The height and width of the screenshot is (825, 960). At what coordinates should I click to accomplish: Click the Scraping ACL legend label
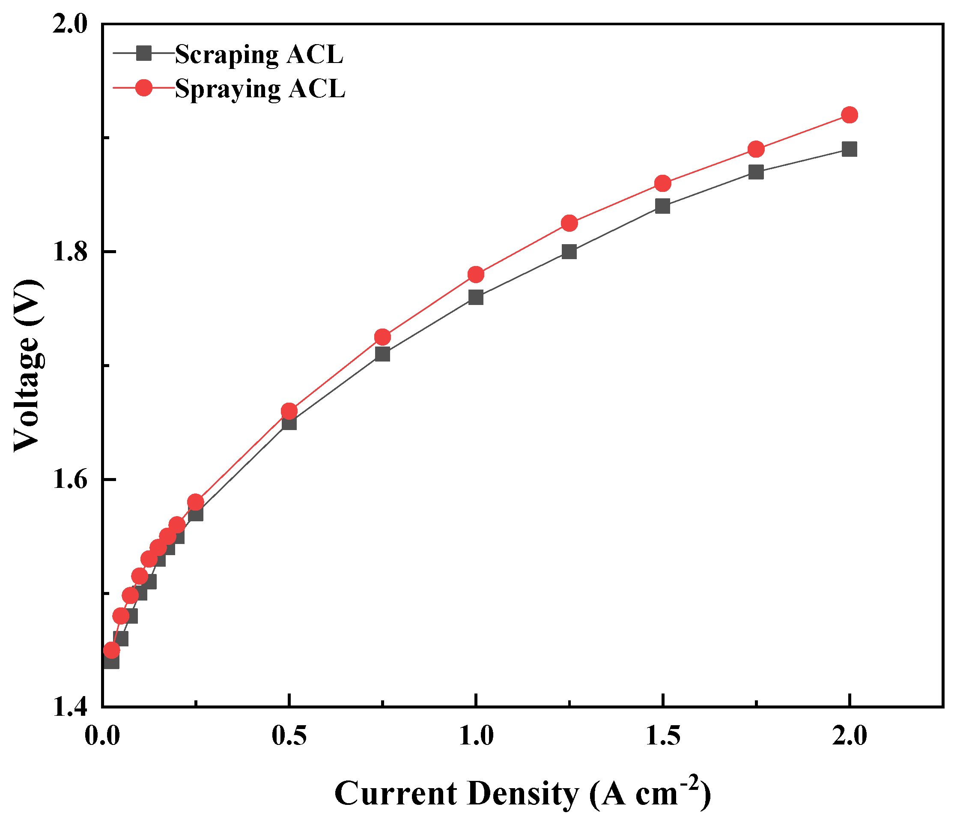259,55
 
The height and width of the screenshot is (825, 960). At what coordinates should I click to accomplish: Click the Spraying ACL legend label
260,89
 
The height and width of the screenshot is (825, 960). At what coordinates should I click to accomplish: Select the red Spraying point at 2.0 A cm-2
849,115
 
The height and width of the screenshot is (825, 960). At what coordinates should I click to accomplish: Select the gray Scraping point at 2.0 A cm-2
849,149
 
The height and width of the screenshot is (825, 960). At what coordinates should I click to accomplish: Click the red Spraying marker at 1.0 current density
476,275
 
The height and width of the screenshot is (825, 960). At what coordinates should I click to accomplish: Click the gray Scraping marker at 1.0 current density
476,297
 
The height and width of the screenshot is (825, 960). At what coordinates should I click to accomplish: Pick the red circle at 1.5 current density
663,183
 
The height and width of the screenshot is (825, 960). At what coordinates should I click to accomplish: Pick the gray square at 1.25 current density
569,252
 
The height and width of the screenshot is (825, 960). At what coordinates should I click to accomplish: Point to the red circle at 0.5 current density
289,411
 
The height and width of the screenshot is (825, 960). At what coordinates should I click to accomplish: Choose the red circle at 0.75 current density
382,337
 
